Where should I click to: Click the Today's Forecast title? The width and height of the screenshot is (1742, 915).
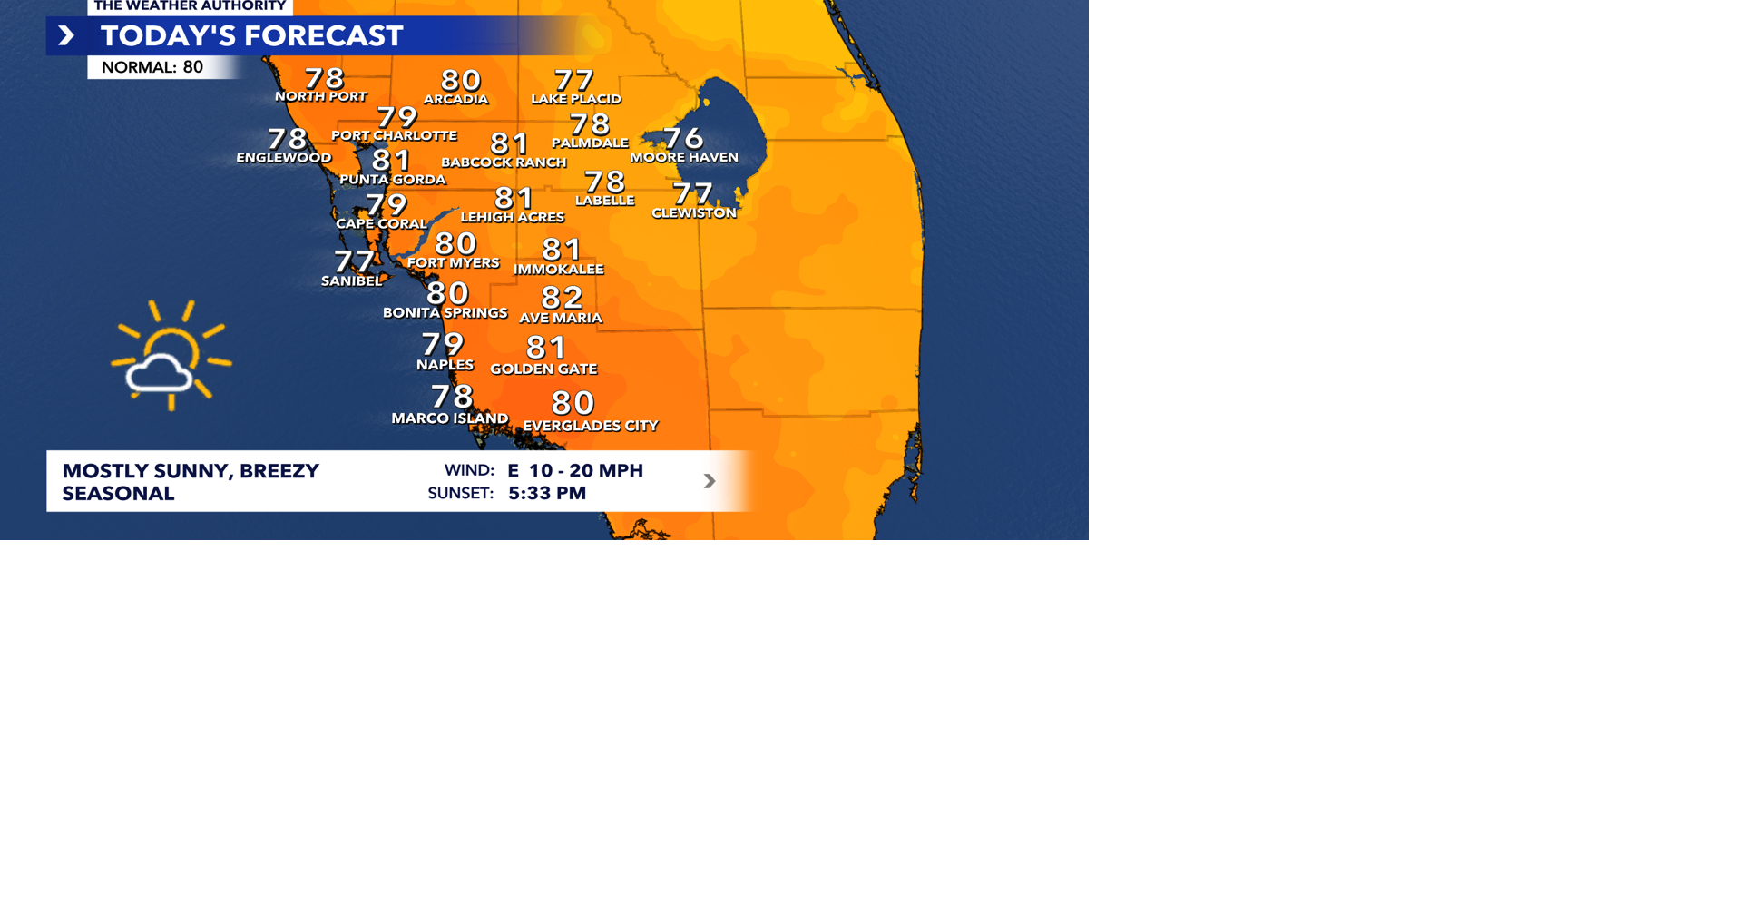(251, 36)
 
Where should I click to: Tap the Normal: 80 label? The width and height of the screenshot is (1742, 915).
(152, 67)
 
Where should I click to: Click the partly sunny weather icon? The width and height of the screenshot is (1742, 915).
(170, 357)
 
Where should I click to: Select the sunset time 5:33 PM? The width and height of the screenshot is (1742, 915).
(546, 493)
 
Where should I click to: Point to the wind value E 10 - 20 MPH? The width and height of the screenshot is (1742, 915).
(575, 470)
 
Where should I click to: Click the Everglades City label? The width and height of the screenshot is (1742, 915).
(591, 426)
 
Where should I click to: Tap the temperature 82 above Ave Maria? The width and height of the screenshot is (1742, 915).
(562, 297)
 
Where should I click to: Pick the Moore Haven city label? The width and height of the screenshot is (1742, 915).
(684, 157)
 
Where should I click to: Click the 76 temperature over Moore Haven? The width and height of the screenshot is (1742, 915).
(683, 137)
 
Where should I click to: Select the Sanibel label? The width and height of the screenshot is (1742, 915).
(352, 281)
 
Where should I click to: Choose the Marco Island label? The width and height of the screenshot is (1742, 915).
(449, 418)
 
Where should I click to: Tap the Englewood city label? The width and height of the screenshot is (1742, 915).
(284, 158)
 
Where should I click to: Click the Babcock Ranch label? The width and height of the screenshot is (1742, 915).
(504, 162)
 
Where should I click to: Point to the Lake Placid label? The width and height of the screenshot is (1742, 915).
(576, 99)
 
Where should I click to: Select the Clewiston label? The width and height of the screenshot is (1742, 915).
(694, 213)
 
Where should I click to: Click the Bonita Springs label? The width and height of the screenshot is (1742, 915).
(445, 313)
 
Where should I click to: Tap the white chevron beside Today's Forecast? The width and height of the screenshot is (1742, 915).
(66, 36)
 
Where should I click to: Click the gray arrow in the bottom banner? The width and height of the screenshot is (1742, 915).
(710, 481)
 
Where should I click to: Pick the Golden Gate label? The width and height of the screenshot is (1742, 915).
(543, 369)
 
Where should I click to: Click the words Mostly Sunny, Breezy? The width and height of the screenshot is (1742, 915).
(191, 471)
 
